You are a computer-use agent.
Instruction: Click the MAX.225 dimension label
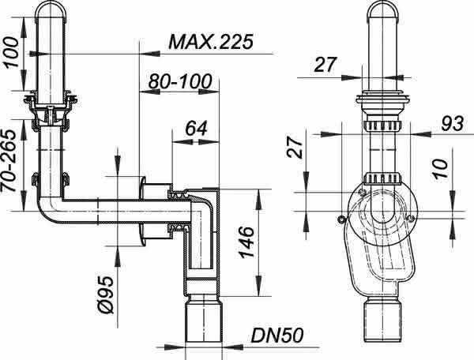(x=210, y=42)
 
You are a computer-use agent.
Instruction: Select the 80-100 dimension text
(x=180, y=81)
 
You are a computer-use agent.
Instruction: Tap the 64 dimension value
(x=196, y=128)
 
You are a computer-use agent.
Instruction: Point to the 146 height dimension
(x=246, y=242)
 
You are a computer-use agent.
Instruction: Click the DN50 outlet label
(x=276, y=336)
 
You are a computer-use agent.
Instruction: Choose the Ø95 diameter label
(x=107, y=294)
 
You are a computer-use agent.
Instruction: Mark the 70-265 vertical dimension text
(x=8, y=161)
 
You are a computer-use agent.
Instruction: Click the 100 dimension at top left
(x=11, y=52)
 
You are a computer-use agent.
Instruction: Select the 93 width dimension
(x=452, y=123)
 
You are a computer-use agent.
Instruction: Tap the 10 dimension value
(x=440, y=168)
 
